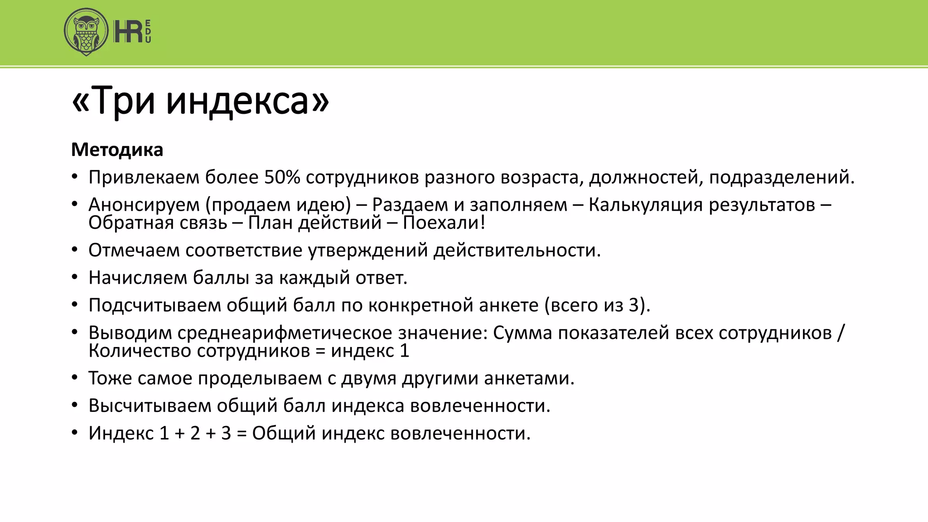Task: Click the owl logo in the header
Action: pyautogui.click(x=86, y=32)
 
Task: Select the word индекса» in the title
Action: pyautogui.click(x=247, y=101)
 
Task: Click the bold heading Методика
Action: pyautogui.click(x=117, y=150)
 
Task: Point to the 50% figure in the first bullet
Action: pyautogui.click(x=282, y=177)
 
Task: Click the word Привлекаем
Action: pyautogui.click(x=144, y=177)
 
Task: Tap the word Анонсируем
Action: pyautogui.click(x=144, y=205)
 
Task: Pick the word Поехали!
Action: pyautogui.click(x=444, y=223)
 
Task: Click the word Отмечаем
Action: pyautogui.click(x=134, y=250)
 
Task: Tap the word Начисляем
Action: pyautogui.click(x=138, y=278)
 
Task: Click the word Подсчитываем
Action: pyautogui.click(x=155, y=305)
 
